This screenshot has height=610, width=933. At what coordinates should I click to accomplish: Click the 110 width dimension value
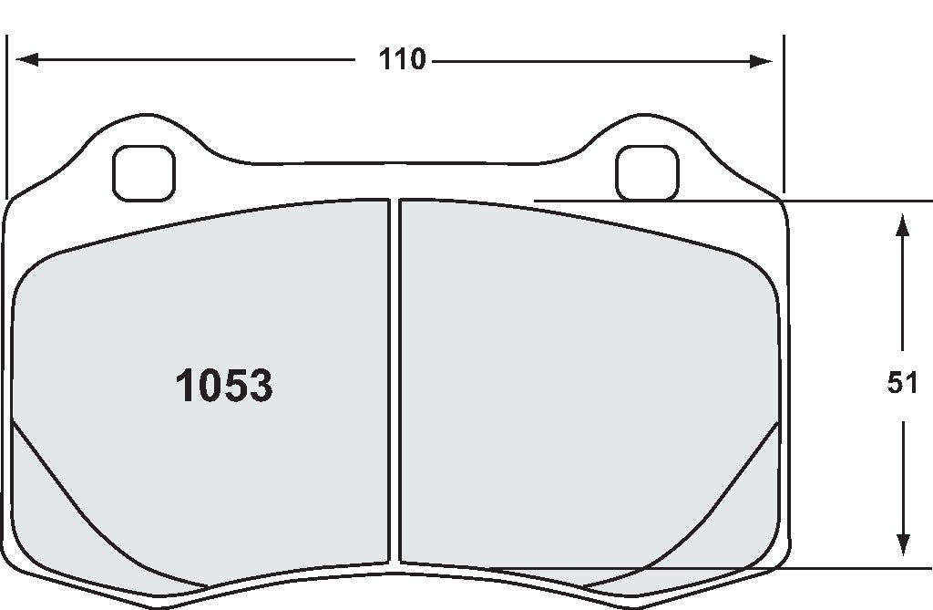pos(403,60)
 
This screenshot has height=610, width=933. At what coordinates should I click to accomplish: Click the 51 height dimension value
pos(902,385)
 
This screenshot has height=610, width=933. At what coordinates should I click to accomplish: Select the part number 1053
pos(223,387)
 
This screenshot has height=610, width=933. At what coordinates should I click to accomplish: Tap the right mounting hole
pos(647,171)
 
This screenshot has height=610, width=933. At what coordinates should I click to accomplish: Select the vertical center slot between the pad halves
pos(395,383)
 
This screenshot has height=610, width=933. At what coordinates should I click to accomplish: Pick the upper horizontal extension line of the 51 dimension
pos(729,199)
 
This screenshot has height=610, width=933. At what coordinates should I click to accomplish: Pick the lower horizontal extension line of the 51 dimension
pos(729,568)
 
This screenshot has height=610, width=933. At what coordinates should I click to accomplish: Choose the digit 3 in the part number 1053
pos(259,387)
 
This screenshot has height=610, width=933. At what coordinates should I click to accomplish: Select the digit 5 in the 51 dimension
pos(895,385)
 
